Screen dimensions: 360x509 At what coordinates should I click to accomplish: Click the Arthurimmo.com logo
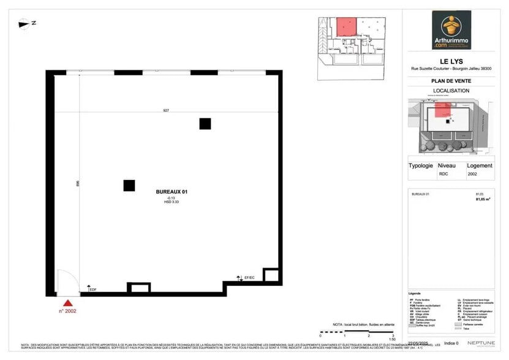coord(451,30)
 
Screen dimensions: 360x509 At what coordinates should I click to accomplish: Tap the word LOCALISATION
coord(451,91)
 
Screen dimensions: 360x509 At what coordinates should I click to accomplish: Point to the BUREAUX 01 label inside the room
coord(172,192)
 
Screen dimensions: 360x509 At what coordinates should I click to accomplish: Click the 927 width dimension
coord(166,111)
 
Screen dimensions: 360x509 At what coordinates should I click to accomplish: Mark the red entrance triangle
coord(68,302)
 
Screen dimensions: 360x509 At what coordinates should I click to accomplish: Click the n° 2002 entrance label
coord(68,311)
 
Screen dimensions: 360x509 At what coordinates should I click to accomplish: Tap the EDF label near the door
coord(93,290)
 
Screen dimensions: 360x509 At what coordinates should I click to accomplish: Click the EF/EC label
coord(249,279)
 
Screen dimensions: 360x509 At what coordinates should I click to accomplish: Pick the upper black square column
coord(205,124)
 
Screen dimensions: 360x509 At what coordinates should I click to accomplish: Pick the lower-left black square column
coord(129,186)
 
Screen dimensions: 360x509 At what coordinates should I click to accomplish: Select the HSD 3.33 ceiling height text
coord(172,202)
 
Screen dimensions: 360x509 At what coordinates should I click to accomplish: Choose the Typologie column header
coord(421,165)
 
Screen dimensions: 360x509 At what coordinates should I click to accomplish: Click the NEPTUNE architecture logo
coord(477,342)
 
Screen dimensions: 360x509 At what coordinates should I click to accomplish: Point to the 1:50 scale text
coord(392,339)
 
